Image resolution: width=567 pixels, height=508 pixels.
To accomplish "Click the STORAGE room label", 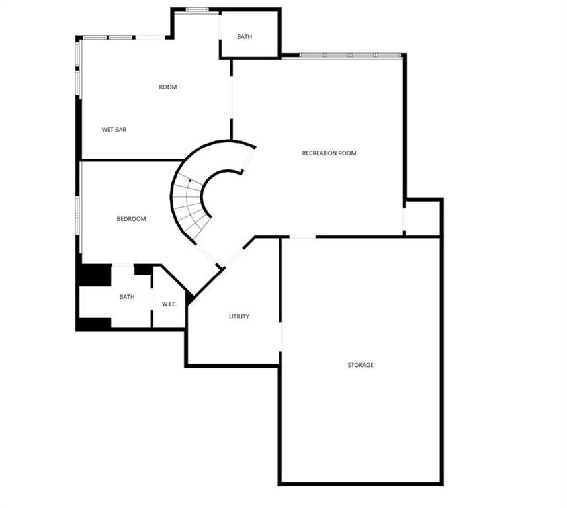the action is coord(360,365).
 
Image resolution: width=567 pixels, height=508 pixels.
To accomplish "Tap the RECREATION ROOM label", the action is coord(329,153).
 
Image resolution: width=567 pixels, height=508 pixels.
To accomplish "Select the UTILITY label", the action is coord(239,316).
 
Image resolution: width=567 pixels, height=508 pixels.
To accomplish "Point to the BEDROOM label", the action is coord(131,219).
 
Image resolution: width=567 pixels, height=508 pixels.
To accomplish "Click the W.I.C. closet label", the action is coord(169,304).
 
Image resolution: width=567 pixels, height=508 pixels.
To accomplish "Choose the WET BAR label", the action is coord(114,130).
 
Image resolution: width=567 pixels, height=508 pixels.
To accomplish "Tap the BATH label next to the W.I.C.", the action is coord(127,297).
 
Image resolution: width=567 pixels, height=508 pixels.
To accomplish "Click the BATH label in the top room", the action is coord(244,37).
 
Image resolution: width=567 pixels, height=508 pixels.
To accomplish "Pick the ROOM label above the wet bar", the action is coord(168,87).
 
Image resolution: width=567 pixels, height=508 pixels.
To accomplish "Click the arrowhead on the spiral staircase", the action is coord(190,180).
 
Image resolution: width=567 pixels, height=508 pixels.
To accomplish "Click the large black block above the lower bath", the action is coord(95,275).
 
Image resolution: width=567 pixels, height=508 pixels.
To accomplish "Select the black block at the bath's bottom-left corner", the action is coord(95,323).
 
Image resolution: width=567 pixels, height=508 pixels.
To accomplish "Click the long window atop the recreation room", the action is coord(351,55).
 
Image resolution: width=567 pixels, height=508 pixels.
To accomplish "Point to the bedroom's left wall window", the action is coord(77,216).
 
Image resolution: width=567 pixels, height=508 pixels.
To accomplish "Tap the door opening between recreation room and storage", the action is coord(302,237).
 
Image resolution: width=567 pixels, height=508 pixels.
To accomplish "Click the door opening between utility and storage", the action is coord(281,337).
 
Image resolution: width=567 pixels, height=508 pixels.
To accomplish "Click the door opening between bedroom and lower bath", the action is coord(123,266).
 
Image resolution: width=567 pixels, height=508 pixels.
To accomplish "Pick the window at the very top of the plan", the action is coord(197,9).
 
